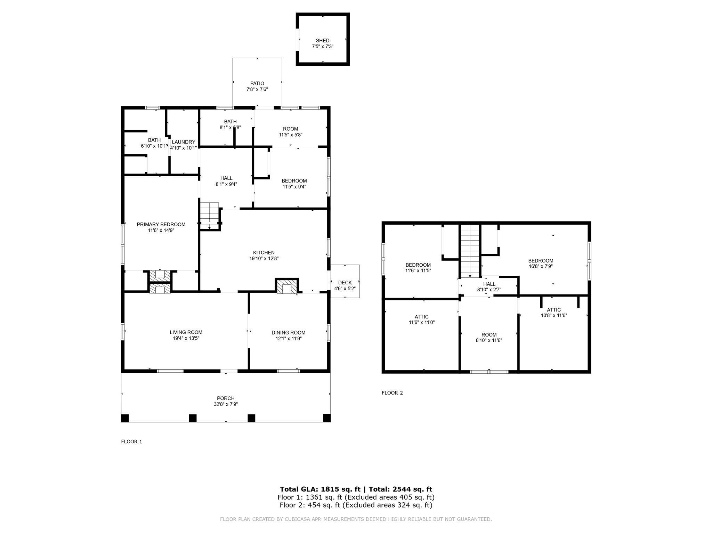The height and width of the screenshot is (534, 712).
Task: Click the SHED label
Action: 322,41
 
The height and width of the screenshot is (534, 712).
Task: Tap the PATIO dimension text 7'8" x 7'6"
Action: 257,89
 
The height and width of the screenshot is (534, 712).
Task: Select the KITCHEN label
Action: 264,252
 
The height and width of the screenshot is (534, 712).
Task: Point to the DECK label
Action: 345,283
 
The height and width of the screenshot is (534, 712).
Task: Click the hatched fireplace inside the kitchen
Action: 287,286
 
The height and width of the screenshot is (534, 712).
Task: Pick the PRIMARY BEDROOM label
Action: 161,224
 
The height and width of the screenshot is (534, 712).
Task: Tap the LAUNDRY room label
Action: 183,142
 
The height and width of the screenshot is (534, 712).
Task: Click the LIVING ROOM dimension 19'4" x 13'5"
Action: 186,338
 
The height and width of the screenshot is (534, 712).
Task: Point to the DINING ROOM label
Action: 288,332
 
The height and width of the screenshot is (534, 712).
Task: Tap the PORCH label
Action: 226,398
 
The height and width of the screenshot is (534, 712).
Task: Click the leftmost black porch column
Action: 125,418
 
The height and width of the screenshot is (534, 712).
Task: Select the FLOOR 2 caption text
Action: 392,393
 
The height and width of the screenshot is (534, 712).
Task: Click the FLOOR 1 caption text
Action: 131,442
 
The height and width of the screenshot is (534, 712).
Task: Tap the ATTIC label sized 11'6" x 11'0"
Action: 421,317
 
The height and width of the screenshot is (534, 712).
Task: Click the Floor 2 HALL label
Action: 489,284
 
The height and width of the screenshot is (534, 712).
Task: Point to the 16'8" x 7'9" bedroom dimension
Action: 541,267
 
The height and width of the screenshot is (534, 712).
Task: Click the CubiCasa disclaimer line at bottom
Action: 356,519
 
